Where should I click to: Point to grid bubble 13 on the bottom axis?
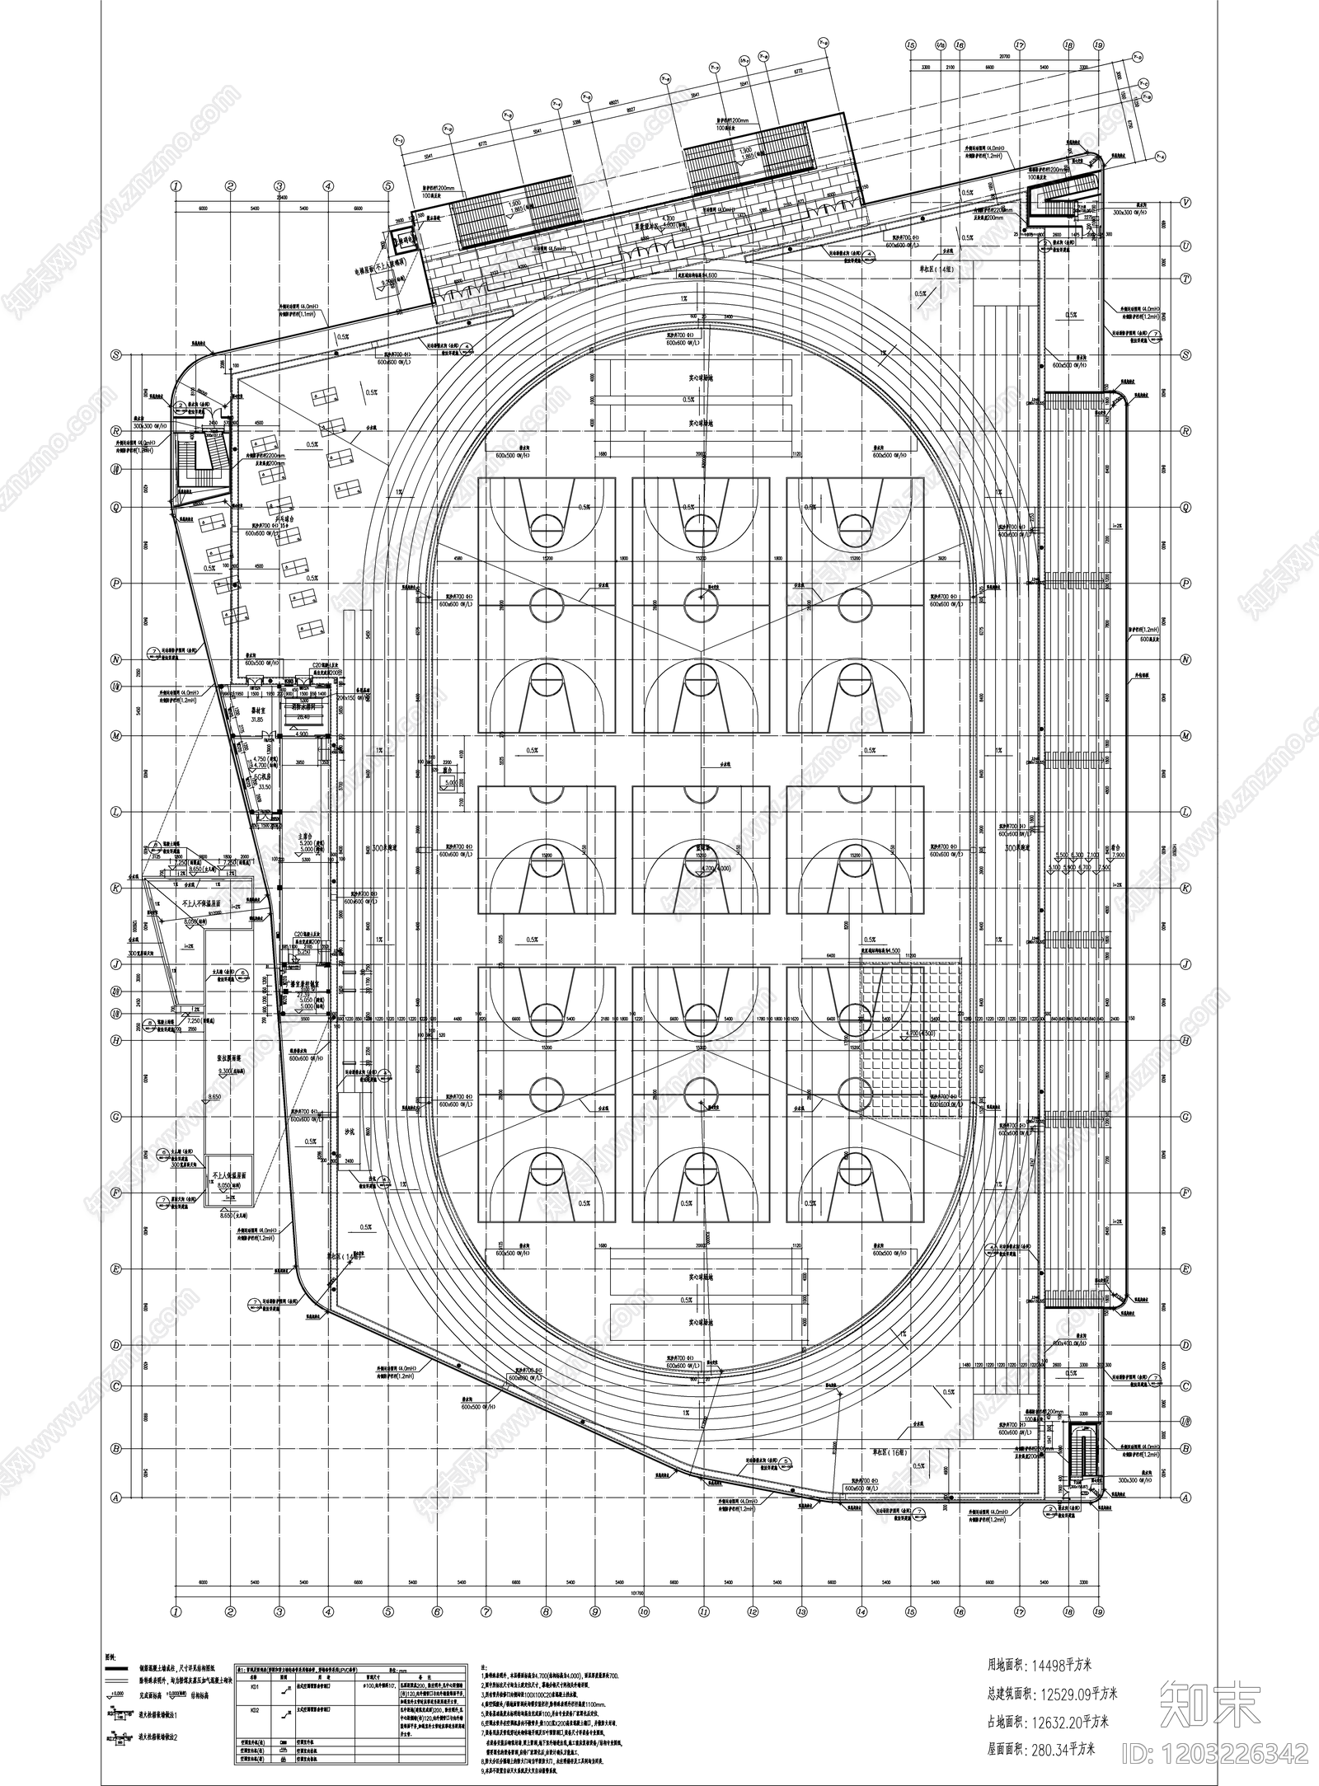click(800, 1609)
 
